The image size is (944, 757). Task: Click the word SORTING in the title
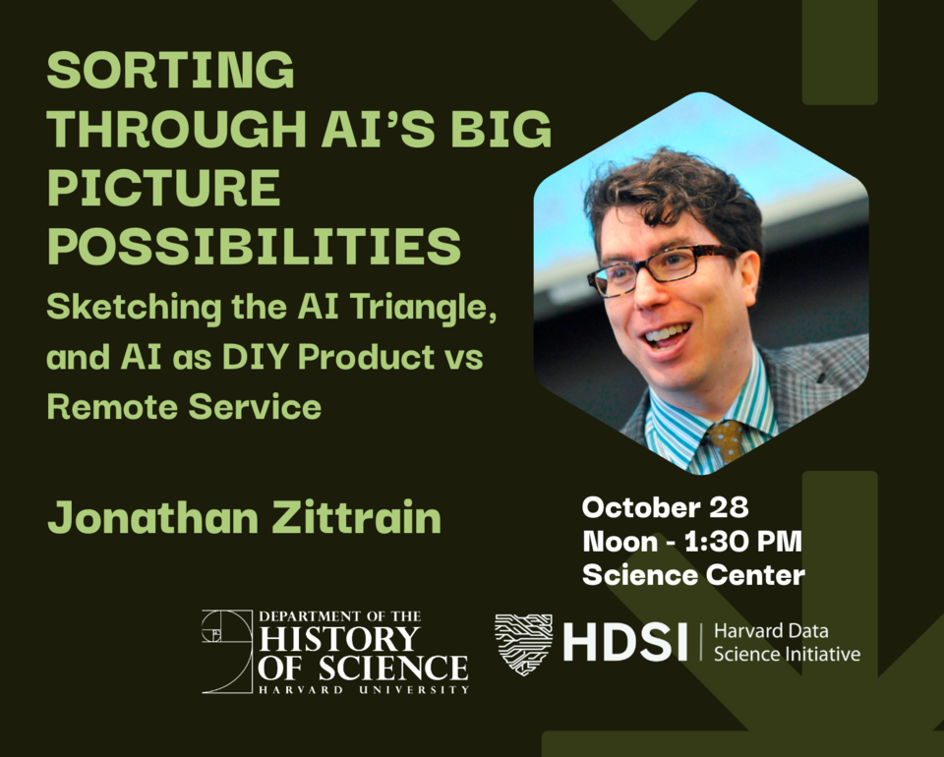170,70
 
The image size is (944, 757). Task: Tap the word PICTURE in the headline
164,187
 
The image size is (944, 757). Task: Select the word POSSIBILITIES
254,246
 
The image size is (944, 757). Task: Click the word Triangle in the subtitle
424,308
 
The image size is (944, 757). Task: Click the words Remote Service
184,407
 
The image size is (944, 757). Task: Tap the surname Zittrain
357,517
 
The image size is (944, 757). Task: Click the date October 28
666,508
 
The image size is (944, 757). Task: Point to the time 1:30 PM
743,542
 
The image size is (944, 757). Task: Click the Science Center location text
693,575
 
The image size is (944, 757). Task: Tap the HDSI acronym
625,642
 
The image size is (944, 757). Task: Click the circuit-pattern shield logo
523,644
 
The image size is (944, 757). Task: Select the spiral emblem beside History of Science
227,652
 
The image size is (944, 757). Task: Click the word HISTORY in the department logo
339,639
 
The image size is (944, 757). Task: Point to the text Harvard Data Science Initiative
787,643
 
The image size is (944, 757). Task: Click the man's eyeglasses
663,270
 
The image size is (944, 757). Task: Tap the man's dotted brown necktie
727,441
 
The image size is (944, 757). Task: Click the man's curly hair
672,193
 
